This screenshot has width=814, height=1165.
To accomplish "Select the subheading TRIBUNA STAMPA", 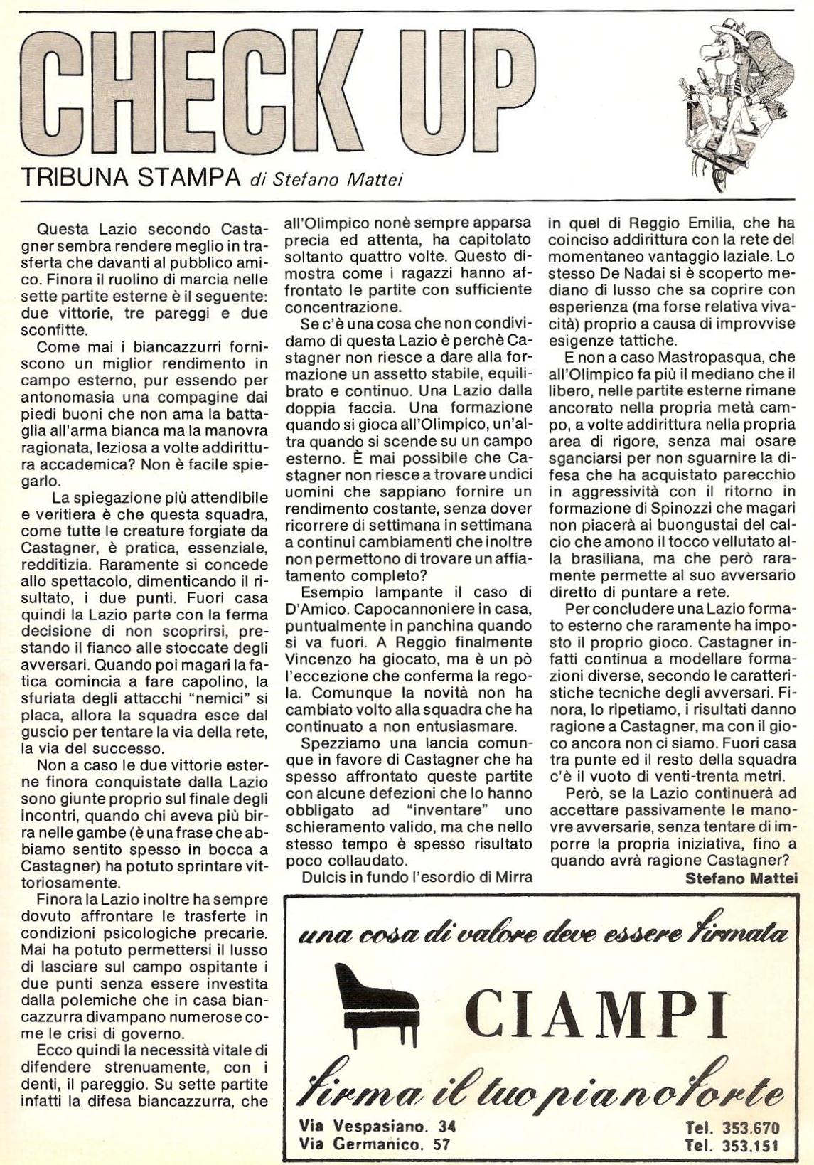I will tap(130, 179).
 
